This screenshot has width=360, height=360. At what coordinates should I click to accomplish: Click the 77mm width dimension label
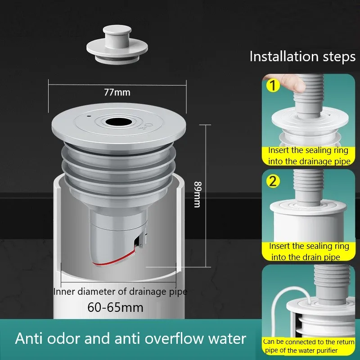[x=117, y=93]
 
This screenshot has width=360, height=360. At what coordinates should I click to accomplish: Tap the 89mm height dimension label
[x=197, y=194]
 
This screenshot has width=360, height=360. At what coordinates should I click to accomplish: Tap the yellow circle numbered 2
[x=273, y=182]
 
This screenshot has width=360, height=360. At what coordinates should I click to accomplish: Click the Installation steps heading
[x=302, y=57]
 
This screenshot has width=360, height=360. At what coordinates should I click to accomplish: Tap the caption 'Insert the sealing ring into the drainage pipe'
[x=308, y=156]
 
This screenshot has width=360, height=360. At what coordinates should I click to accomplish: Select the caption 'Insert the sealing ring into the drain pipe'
[x=309, y=252]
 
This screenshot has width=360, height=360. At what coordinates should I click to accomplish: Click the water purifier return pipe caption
[x=308, y=346]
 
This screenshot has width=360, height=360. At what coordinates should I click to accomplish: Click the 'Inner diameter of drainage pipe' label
[x=120, y=291]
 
